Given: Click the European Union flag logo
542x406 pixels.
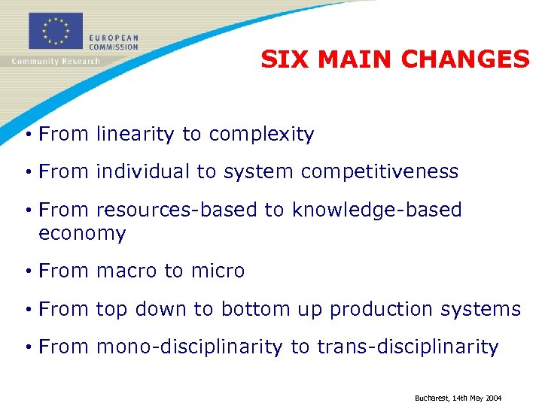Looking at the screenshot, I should [x=55, y=32].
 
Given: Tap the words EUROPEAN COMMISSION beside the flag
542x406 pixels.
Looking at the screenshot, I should [x=113, y=42].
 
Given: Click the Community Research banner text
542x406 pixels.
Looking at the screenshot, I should [x=55, y=61].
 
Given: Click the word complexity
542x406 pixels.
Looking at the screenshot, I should [x=261, y=135].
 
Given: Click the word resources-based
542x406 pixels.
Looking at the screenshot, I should [x=177, y=210].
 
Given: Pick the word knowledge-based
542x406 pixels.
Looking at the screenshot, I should [x=376, y=210].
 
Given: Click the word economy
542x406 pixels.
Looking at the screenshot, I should [x=82, y=234].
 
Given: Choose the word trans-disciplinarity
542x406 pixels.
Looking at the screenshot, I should [x=407, y=347].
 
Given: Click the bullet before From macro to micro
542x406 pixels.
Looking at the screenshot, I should [x=27, y=271].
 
